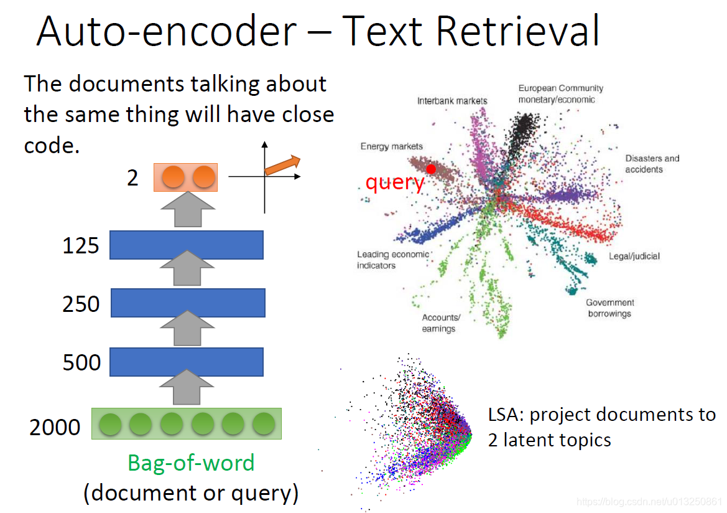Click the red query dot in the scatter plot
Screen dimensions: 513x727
click(x=430, y=169)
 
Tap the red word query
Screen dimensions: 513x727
click(x=394, y=182)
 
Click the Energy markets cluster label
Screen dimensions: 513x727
click(x=391, y=146)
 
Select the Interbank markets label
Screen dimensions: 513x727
click(x=452, y=100)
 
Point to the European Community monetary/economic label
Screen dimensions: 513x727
click(x=560, y=94)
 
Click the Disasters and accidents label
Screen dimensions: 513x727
click(x=652, y=164)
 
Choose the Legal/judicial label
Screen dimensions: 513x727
click(x=634, y=256)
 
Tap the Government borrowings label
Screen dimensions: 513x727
click(x=609, y=308)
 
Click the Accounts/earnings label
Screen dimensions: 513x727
click(x=440, y=323)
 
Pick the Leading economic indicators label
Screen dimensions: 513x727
click(x=392, y=260)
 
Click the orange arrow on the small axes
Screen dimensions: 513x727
click(x=282, y=165)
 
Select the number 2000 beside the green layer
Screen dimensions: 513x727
click(x=55, y=428)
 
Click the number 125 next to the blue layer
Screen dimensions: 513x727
click(x=81, y=246)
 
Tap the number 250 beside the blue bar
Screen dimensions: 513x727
click(x=81, y=304)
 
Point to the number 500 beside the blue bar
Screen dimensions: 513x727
click(x=81, y=362)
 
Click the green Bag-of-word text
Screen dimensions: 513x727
click(x=191, y=463)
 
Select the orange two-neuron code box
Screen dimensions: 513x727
click(x=186, y=177)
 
